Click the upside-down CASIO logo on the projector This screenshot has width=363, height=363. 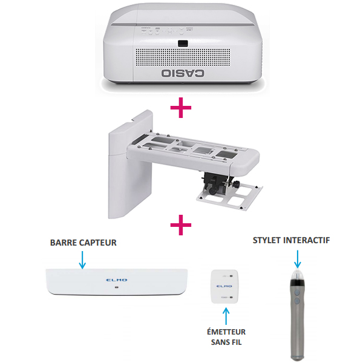coord(181,74)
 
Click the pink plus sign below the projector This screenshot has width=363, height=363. coord(181,109)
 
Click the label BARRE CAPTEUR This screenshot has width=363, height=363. coord(83,243)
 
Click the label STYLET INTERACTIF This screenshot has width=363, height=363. coord(295,241)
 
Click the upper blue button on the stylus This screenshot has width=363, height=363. coord(297,290)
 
